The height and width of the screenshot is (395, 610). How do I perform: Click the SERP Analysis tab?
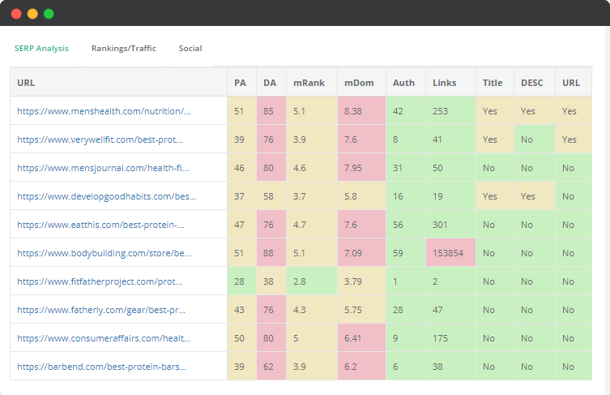click(x=41, y=49)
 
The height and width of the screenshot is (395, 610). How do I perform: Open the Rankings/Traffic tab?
click(x=123, y=49)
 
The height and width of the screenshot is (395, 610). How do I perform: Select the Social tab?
click(x=190, y=49)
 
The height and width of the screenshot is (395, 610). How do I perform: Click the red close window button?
click(x=16, y=14)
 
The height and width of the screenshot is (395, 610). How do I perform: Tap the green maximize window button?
click(x=49, y=14)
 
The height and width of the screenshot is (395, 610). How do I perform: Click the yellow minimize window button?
click(x=32, y=14)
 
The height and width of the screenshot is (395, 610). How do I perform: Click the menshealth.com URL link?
click(x=104, y=111)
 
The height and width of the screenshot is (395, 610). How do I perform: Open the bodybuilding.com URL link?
click(x=105, y=253)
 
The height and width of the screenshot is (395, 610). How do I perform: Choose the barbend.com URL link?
click(x=101, y=367)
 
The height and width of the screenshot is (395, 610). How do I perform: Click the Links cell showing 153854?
click(x=450, y=253)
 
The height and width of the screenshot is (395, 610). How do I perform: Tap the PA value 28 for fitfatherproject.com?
click(x=240, y=281)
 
